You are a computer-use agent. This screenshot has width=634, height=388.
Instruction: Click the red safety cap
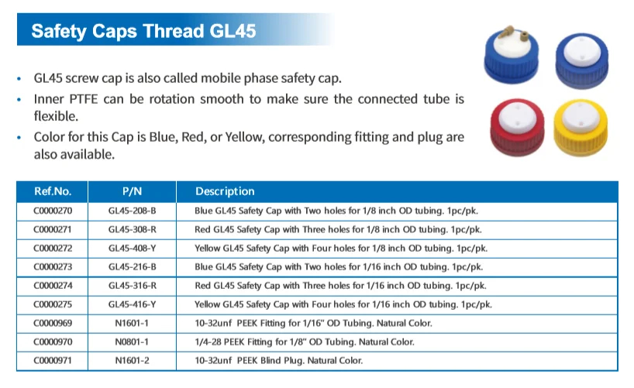pos(517,127)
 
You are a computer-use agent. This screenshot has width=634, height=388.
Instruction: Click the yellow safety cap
pos(581,127)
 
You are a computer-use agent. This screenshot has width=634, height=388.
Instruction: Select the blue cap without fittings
pos(581,60)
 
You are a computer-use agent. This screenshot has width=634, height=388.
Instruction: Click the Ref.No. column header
pos(53,191)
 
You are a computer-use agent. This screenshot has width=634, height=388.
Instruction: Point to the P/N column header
pos(133,191)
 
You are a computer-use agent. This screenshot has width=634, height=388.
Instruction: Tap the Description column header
pos(225,191)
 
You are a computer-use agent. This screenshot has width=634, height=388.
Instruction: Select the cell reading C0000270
pos(53,211)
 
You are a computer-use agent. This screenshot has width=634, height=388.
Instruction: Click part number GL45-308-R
pos(133,229)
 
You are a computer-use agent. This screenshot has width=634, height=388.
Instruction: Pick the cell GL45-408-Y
pos(133,248)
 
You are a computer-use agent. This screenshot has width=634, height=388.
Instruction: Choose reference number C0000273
pos(53,266)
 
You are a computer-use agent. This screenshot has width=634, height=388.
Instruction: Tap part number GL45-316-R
pos(133,286)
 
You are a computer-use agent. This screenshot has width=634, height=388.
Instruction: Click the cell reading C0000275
pos(53,304)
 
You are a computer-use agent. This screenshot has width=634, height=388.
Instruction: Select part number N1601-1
pos(133,324)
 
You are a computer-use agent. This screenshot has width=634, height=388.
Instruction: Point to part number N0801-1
pos(133,342)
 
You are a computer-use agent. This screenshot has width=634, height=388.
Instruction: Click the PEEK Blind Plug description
pos(278,361)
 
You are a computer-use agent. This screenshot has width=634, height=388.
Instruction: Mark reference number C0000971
pos(53,361)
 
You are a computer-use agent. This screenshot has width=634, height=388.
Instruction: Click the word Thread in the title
pos(173,31)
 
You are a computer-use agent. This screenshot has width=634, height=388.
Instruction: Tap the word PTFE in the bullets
pos(83,99)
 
